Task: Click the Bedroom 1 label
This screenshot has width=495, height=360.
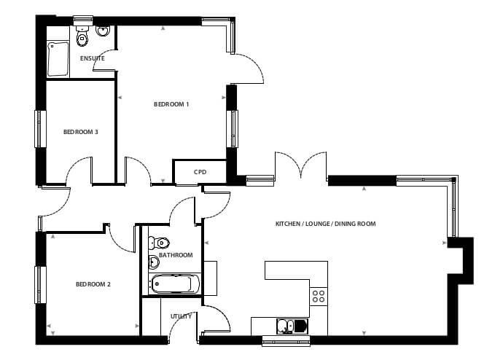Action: (171, 104)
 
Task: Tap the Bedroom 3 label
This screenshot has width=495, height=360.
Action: (81, 132)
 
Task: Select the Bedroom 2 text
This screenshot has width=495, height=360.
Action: (93, 284)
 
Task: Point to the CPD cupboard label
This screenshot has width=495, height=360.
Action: (200, 172)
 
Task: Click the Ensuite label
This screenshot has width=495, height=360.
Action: (92, 58)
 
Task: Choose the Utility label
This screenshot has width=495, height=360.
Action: (181, 316)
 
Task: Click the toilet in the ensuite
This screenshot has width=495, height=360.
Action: (82, 36)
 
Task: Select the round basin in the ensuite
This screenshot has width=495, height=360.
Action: (103, 31)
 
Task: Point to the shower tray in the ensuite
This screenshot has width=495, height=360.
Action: (58, 59)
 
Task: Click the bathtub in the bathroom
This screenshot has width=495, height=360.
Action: (175, 284)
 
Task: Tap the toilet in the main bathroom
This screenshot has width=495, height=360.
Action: (159, 243)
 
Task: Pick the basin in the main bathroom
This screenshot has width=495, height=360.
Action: (154, 262)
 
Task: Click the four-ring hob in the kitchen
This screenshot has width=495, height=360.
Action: (319, 297)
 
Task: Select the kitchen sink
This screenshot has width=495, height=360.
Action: (292, 326)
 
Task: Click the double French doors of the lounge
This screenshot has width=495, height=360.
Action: (301, 167)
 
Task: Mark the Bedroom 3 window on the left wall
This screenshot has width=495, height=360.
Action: (40, 129)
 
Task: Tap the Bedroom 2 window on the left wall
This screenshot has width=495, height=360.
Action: (40, 285)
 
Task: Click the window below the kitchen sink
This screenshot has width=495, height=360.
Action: (286, 340)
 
